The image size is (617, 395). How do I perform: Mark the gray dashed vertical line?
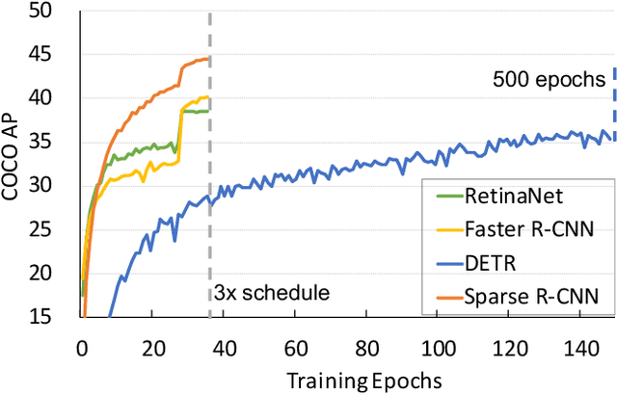(x=209, y=193)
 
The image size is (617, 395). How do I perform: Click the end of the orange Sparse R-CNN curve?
(x=208, y=59)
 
